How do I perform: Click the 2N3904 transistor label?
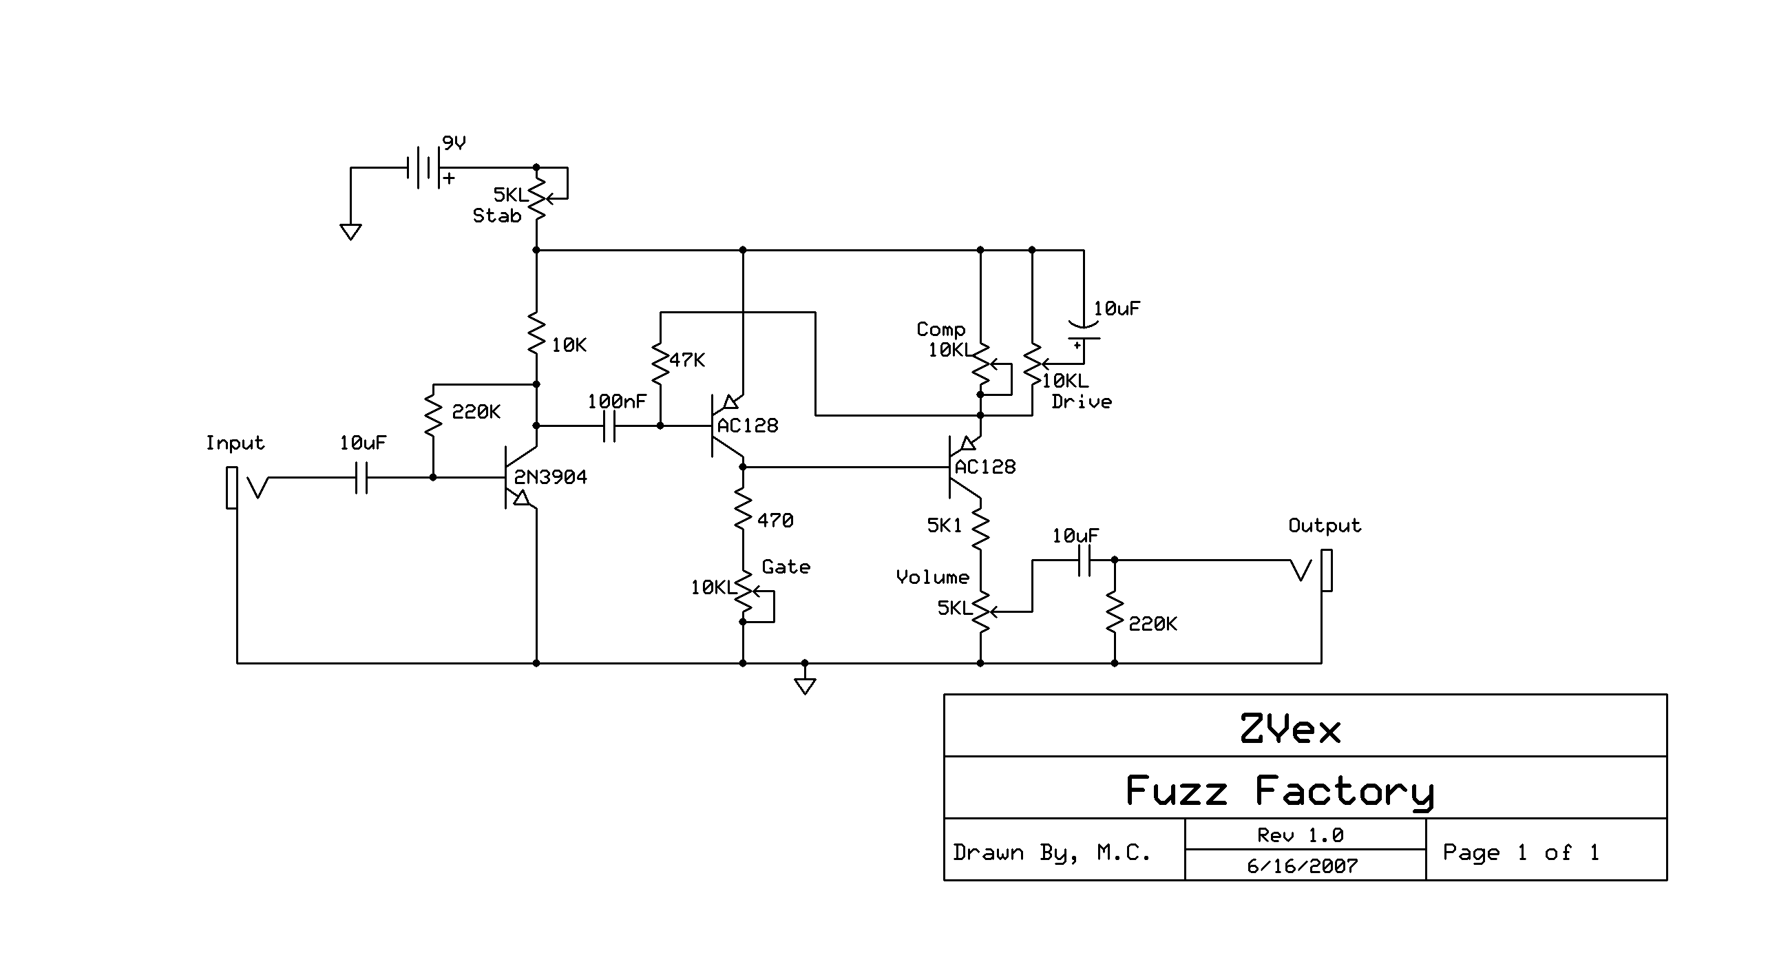click(550, 477)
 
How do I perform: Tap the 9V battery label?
click(454, 143)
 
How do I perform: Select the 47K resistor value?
click(686, 360)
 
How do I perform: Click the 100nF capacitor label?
click(617, 401)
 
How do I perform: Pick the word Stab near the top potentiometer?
click(496, 216)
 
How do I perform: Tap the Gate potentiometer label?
click(786, 567)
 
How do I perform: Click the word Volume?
click(932, 577)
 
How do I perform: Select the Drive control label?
click(1081, 401)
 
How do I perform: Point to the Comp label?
click(940, 329)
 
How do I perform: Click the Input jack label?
click(235, 443)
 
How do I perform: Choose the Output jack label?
click(1325, 525)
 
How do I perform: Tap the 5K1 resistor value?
click(944, 525)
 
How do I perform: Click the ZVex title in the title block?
click(1290, 728)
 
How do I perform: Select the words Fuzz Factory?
click(1279, 790)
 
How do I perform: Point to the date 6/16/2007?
click(1302, 866)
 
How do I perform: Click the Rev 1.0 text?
click(1300, 835)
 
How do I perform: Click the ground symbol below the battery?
click(350, 232)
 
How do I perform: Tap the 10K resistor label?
click(569, 345)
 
